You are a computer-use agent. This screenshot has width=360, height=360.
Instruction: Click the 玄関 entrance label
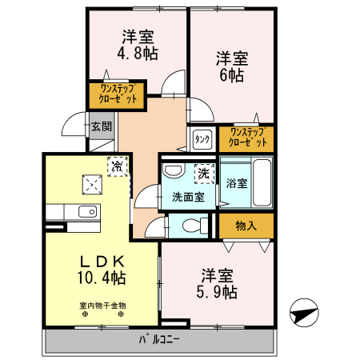coord(101,126)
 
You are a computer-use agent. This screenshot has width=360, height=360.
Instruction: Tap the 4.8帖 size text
coord(138,54)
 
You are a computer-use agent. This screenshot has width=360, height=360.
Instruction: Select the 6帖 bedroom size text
coord(232,76)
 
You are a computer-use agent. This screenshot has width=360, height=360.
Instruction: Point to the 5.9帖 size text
coord(217,292)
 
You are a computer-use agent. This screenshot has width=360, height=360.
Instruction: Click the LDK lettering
coord(102,261)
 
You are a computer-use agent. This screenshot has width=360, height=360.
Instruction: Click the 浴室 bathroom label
coord(235,183)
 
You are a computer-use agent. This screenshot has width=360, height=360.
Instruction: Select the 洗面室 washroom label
coord(188,197)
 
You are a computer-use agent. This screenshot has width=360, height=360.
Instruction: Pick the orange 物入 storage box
coord(246,225)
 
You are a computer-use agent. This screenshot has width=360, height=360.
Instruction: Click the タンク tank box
coord(202,138)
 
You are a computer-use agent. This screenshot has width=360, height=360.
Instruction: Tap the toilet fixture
coord(190,226)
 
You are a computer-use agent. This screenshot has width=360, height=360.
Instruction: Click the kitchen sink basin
coord(86,212)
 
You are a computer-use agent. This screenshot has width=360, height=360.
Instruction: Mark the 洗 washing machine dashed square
coord(203,171)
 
